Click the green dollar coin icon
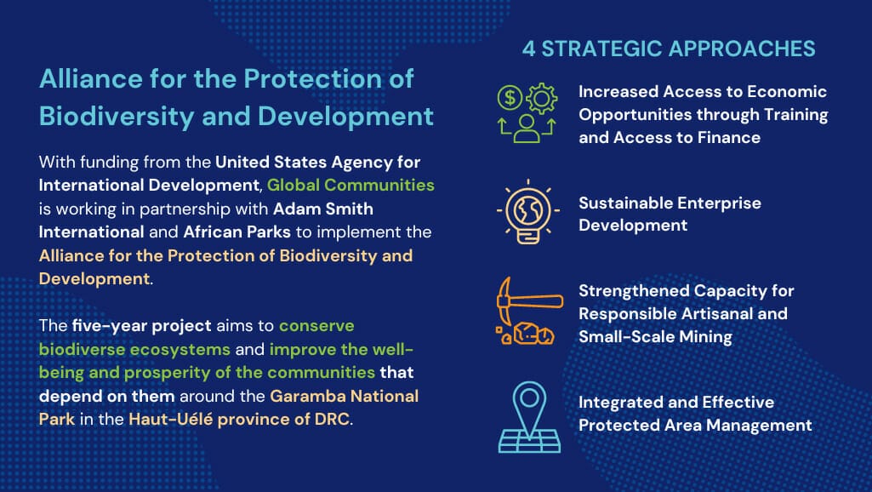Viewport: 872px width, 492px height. tap(510, 97)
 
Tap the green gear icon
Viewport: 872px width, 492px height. tap(542, 99)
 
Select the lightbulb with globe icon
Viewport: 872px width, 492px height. tap(527, 212)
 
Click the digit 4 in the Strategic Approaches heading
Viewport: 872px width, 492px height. tap(529, 49)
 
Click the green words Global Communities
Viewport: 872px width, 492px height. tap(351, 185)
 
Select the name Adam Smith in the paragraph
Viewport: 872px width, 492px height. tap(323, 209)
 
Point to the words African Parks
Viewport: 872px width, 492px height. tap(237, 232)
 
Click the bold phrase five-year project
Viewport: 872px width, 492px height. tap(141, 325)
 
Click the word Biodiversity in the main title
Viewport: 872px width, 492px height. tap(117, 117)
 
